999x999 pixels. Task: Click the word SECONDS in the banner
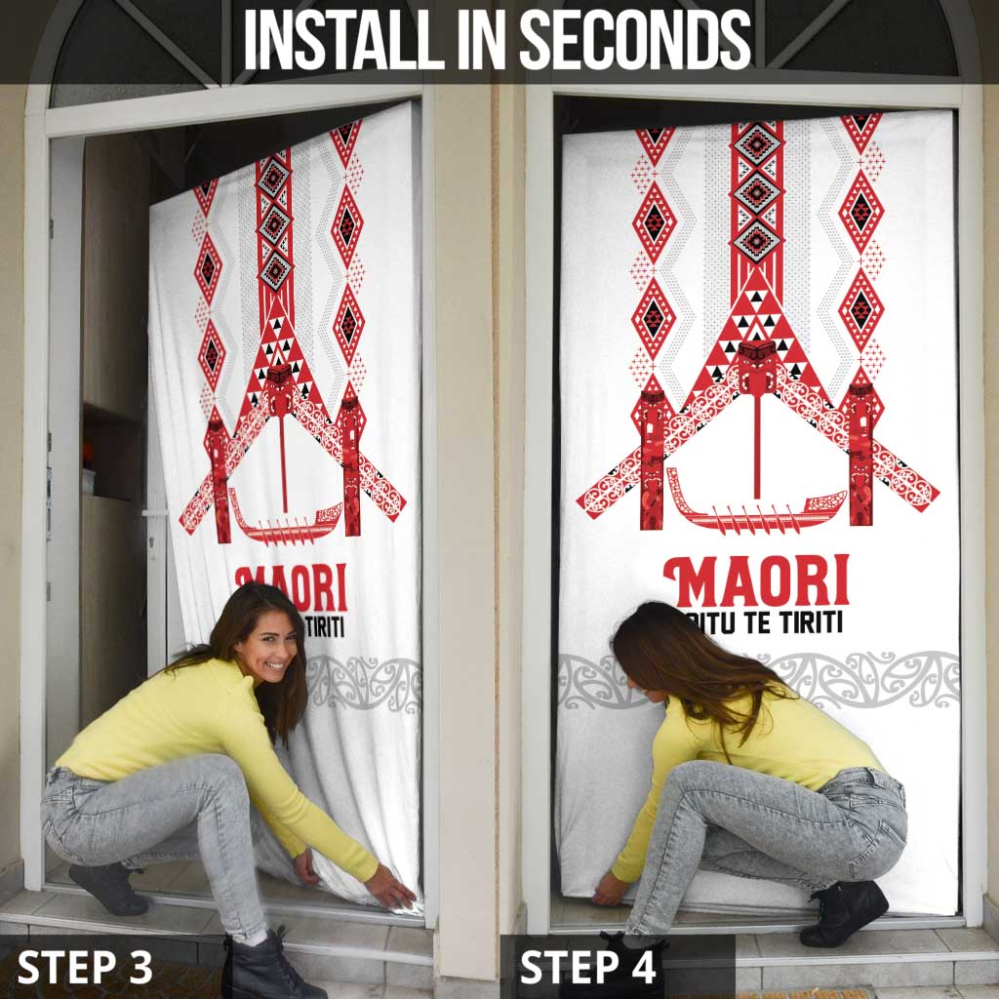(634, 41)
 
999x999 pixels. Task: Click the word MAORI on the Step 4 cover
(756, 582)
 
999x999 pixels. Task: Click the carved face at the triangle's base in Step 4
(756, 359)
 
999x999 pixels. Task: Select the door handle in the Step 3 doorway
(154, 512)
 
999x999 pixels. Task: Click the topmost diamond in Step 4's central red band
(757, 144)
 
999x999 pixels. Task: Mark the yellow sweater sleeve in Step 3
(332, 829)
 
